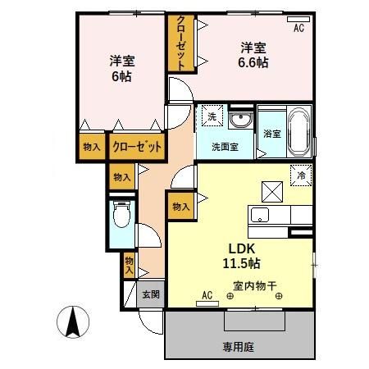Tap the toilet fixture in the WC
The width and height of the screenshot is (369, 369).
[x=122, y=216]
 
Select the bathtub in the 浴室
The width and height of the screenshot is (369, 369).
[x=298, y=133]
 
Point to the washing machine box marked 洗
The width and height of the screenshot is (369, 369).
[x=211, y=117]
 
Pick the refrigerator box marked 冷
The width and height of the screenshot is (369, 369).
[x=301, y=175]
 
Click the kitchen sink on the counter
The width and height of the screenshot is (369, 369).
[x=259, y=216]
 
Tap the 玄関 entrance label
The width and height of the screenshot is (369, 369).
[x=150, y=294]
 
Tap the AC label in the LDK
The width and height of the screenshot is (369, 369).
[x=207, y=294]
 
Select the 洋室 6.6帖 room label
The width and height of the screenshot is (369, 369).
[x=252, y=54]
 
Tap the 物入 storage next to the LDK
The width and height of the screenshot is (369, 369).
[x=180, y=208]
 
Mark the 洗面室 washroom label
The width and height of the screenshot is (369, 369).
[x=225, y=148]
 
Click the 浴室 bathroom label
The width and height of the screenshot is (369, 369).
[x=271, y=133]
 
